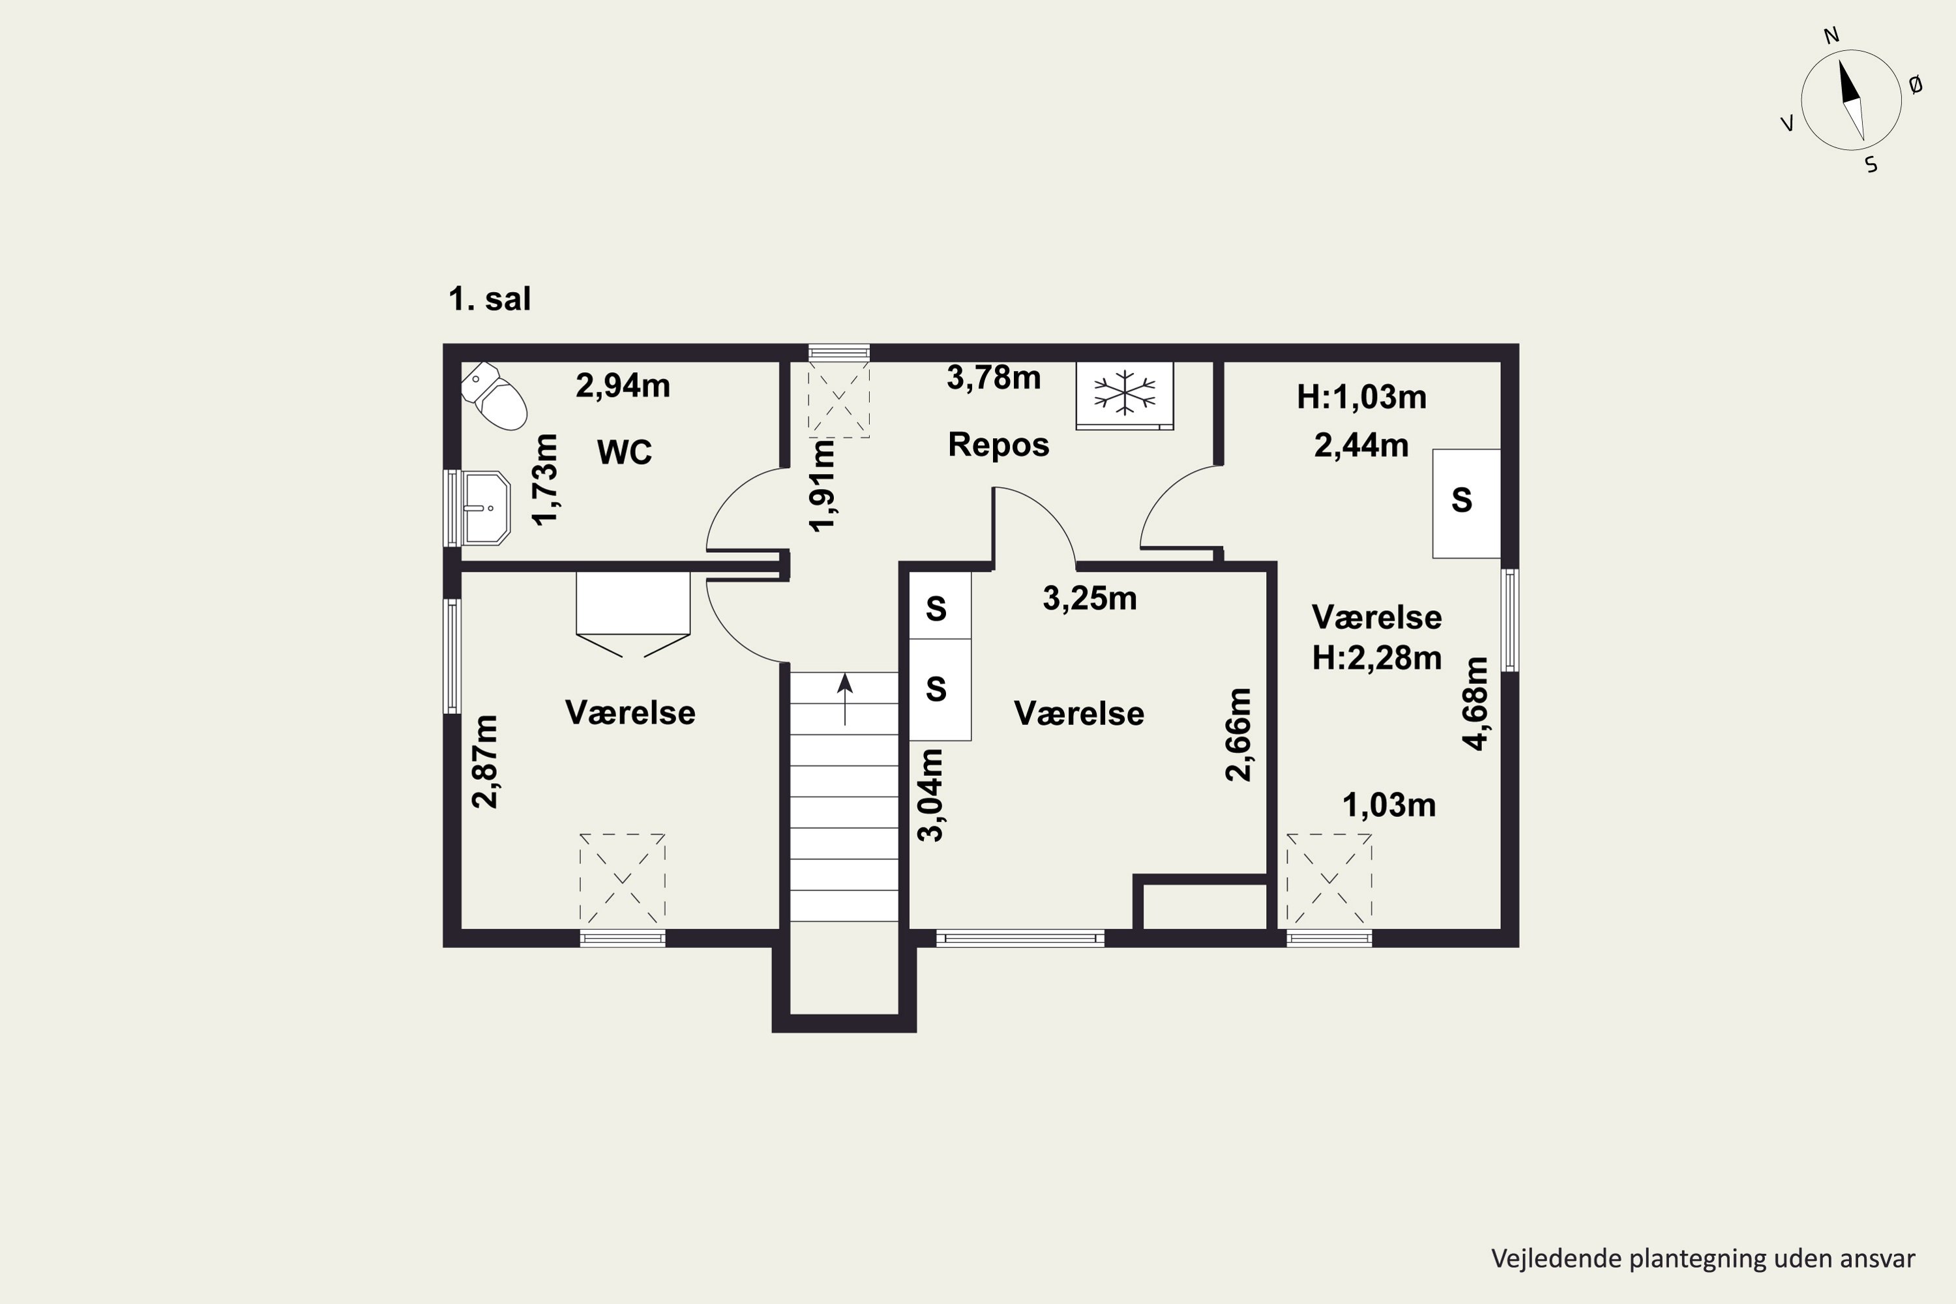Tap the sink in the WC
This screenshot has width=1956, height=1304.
(x=486, y=507)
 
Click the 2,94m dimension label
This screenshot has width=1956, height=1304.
(x=623, y=385)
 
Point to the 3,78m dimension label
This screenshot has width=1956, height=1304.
(x=994, y=378)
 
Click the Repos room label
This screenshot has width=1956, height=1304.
(x=999, y=445)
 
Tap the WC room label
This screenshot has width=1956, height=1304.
(x=625, y=452)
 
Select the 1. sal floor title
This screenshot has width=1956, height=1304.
(x=489, y=299)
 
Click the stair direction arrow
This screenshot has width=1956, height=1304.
(x=845, y=698)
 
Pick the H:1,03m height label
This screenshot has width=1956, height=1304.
(x=1361, y=398)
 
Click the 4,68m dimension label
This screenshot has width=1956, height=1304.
(x=1475, y=704)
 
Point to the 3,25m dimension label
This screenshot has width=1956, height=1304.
(x=1089, y=598)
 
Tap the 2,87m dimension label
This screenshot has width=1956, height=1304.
(x=485, y=761)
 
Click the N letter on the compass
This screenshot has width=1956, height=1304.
(x=1831, y=35)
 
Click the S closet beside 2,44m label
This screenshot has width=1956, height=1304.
(x=1466, y=503)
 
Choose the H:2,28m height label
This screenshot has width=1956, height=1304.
(x=1376, y=658)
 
